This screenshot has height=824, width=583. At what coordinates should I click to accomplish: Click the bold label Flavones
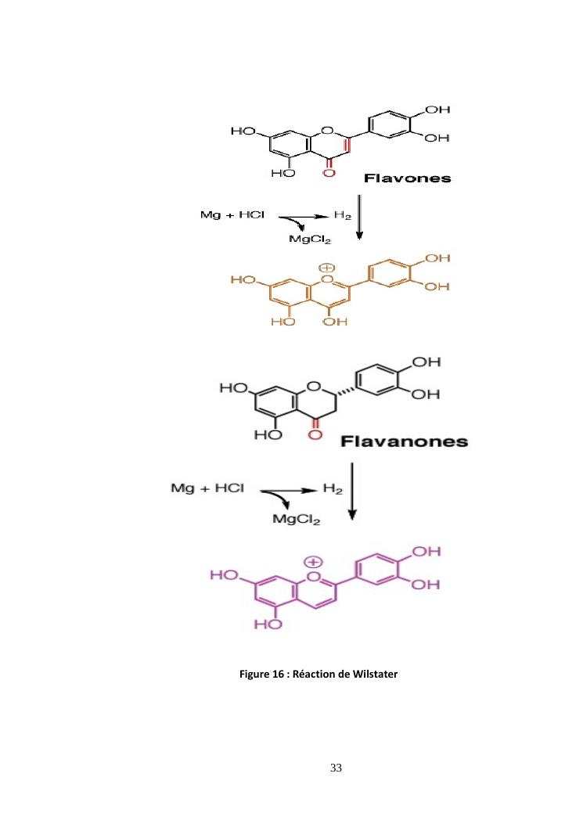tap(408, 178)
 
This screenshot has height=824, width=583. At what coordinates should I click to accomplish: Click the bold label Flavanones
tap(405, 441)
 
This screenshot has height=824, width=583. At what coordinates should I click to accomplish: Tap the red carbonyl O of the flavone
tap(329, 172)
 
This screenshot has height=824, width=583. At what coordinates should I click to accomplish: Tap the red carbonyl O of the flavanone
tap(315, 434)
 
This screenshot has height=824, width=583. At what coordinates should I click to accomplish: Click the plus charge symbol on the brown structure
tap(327, 268)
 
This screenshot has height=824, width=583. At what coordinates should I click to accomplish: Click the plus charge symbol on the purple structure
tap(313, 563)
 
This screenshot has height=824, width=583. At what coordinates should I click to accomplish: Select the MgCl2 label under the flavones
tap(310, 239)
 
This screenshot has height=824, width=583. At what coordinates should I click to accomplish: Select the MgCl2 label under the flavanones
tap(297, 520)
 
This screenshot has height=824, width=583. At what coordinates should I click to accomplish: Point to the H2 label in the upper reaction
tap(342, 215)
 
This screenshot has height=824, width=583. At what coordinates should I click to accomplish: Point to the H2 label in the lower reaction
tap(333, 489)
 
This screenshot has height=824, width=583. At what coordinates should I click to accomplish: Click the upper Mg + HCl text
tap(232, 215)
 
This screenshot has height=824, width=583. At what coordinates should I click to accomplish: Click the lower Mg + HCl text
tap(207, 488)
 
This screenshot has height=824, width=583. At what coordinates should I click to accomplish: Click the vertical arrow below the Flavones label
tap(359, 218)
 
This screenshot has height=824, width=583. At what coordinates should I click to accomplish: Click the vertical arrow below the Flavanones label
tap(352, 491)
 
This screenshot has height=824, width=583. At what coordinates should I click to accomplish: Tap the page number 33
tap(336, 768)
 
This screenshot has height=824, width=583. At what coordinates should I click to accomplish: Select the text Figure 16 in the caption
tap(261, 675)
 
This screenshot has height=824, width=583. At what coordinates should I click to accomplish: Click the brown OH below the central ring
tap(336, 322)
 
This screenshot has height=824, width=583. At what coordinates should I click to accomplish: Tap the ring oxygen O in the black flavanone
tap(314, 387)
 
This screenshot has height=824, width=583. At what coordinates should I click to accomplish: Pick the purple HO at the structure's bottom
tap(268, 624)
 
